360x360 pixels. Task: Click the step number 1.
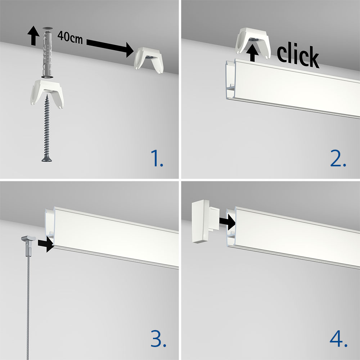click(x=157, y=158)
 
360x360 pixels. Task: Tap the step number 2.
click(x=338, y=158)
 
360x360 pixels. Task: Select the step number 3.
click(x=158, y=338)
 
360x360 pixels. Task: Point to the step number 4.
click(x=339, y=338)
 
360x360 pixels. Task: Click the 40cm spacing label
click(x=70, y=37)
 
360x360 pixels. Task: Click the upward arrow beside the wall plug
click(x=33, y=36)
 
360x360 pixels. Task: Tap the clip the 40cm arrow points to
click(x=149, y=60)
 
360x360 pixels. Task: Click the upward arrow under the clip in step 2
click(x=253, y=53)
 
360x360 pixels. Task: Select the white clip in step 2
click(x=253, y=43)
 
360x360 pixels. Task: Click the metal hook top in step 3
click(x=28, y=239)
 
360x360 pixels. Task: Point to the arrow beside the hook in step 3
click(x=46, y=244)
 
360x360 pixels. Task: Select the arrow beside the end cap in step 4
click(x=227, y=222)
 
